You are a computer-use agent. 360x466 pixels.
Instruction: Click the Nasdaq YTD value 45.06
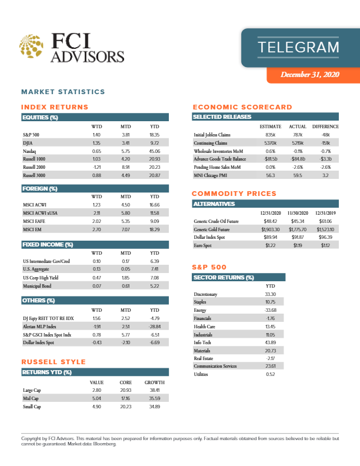(155, 151)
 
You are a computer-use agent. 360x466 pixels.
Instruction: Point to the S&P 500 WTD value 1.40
(98, 135)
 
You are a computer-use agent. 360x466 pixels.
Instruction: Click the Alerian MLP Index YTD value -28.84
(155, 325)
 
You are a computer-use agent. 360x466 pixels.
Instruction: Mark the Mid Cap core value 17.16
(125, 398)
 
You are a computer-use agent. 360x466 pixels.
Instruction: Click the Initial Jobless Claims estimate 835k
(271, 135)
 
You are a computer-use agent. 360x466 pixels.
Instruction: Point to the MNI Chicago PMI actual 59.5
(298, 175)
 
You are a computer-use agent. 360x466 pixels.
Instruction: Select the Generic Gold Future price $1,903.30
(270, 229)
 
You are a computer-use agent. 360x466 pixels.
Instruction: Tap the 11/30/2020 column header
(298, 212)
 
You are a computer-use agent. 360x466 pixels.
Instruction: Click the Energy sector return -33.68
(271, 309)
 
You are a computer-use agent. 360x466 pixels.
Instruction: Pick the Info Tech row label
(204, 342)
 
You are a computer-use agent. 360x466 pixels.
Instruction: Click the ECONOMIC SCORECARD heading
(242, 107)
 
